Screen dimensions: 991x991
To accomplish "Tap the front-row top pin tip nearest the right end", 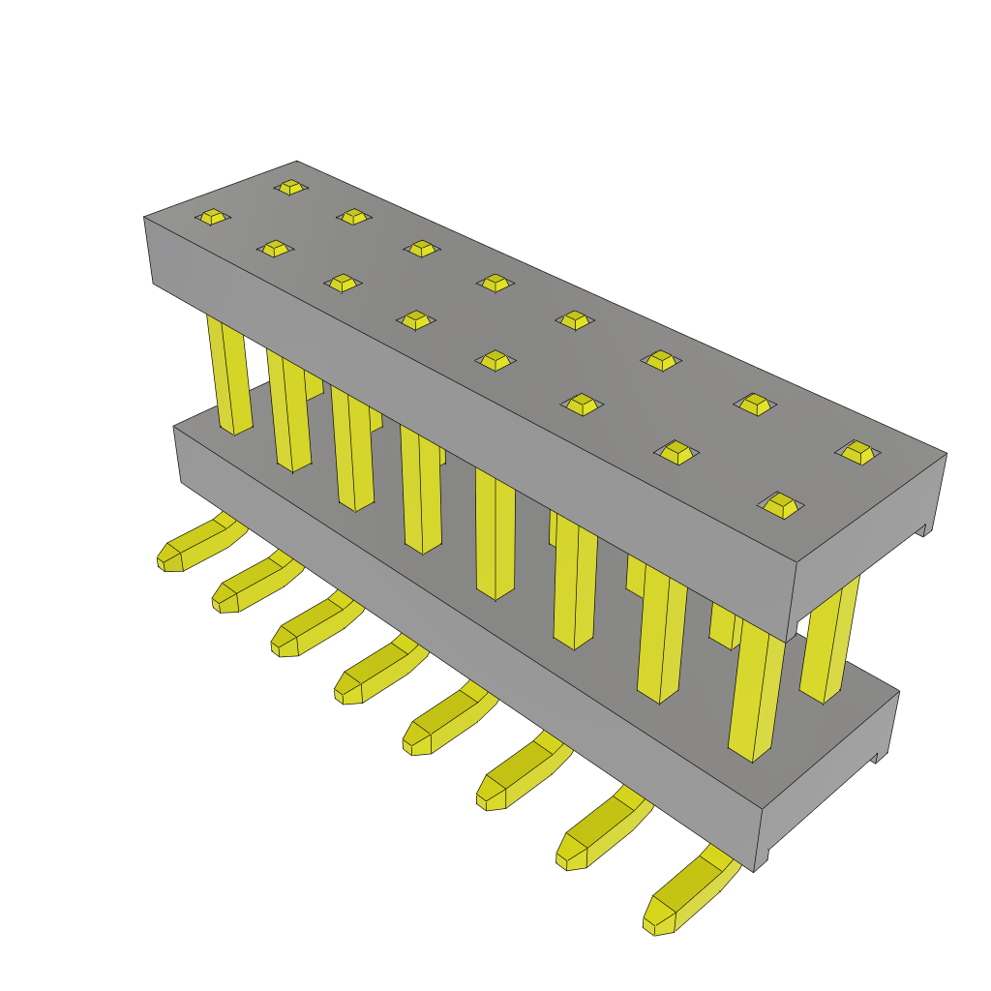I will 781,504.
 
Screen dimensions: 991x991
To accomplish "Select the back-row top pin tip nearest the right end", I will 857,451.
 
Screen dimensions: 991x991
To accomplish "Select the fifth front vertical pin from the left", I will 495,532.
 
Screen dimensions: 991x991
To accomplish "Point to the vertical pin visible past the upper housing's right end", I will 829,639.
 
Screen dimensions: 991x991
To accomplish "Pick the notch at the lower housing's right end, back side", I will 879,757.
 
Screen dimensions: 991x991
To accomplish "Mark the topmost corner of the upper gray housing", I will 297,162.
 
